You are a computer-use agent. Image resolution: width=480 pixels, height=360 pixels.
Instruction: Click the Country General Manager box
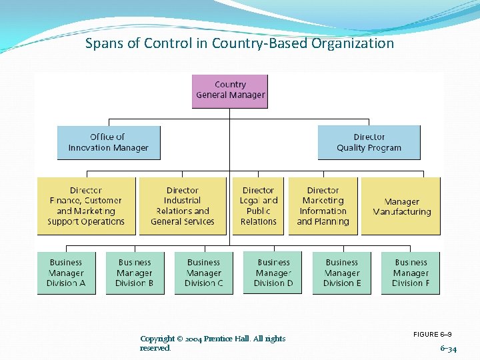coord(230,91)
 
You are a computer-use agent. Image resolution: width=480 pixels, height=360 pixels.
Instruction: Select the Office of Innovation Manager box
coord(109,143)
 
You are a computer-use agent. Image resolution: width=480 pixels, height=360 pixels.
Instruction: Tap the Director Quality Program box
coord(369,143)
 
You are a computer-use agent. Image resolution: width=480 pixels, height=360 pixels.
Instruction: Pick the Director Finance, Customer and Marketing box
coord(86,206)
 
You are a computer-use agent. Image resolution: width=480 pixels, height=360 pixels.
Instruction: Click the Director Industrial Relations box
coord(183,206)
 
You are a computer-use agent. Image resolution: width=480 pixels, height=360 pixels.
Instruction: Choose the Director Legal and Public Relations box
coord(258,206)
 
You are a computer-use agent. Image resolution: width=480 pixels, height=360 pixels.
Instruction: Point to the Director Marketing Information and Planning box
coord(323,206)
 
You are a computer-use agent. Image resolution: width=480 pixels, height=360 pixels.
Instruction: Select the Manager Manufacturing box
coord(401,207)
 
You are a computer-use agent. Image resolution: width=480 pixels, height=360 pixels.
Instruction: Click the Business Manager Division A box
coord(66,273)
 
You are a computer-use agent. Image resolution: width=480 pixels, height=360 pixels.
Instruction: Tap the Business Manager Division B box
coord(135,273)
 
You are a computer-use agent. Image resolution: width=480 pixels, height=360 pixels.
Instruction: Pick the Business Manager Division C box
coord(203,273)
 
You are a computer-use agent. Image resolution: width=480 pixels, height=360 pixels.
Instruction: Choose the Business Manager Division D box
coord(273,273)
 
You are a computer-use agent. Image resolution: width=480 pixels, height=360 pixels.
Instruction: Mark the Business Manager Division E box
coord(342,273)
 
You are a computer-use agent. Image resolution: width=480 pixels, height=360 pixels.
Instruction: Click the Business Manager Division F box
coord(411,273)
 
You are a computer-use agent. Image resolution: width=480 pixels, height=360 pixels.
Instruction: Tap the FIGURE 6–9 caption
coord(433,334)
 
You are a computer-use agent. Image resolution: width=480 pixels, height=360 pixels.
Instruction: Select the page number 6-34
coord(448,349)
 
